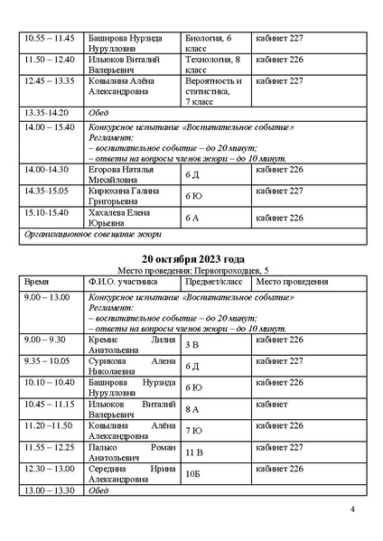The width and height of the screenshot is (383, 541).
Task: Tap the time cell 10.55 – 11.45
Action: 50,40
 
